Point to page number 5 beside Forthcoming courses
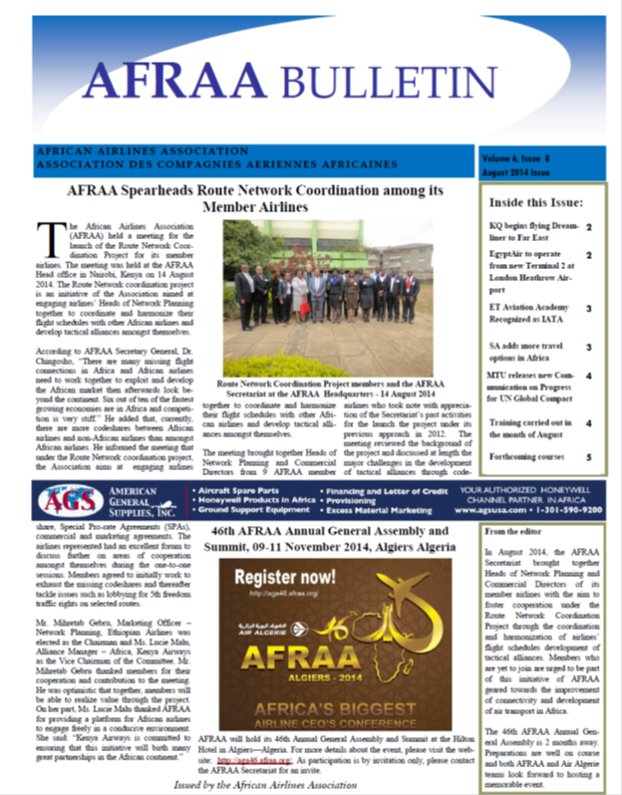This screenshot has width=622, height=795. [588, 457]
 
